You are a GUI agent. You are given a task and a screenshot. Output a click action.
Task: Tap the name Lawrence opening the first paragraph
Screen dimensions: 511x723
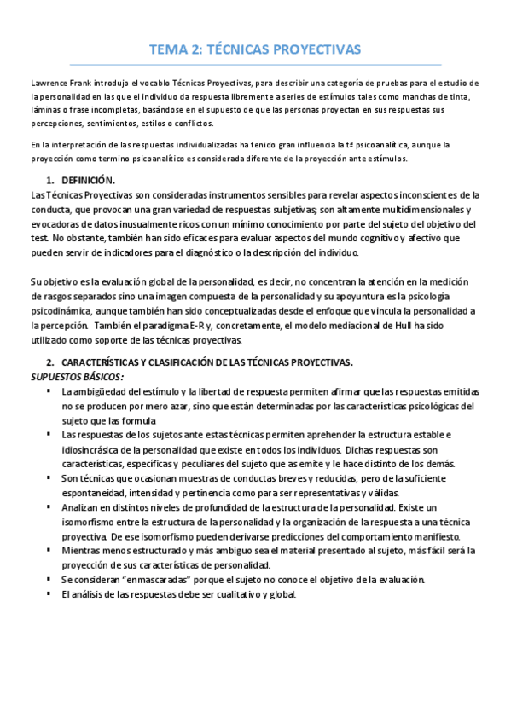click(49, 83)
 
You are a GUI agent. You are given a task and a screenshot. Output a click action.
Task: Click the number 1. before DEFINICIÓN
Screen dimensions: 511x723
click(50, 181)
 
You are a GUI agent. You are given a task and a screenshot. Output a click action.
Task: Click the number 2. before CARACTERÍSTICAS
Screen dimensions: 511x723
click(50, 362)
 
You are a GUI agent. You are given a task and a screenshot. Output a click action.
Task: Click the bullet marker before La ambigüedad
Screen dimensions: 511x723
click(49, 391)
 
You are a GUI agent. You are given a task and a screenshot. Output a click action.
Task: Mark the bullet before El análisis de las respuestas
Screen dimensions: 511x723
click(49, 594)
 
